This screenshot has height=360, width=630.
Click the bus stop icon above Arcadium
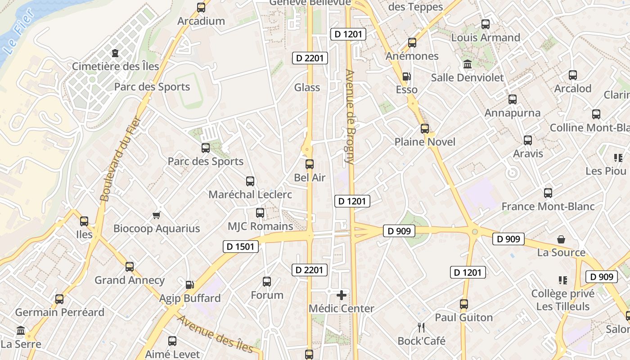tap(201, 8)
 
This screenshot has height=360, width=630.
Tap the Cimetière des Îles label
tap(116, 67)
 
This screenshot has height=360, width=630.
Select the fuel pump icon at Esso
tap(406, 76)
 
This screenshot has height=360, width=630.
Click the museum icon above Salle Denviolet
tap(468, 64)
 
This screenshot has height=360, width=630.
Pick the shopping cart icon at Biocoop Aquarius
tap(156, 215)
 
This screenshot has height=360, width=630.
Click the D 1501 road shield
tap(241, 247)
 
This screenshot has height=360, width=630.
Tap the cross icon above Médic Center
tap(342, 295)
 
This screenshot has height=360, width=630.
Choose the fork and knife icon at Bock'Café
tap(422, 327)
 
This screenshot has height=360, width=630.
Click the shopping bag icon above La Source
tap(561, 239)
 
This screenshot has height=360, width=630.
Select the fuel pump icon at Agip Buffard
tap(190, 284)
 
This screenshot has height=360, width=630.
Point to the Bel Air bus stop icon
tap(310, 164)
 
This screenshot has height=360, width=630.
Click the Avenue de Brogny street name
tap(350, 116)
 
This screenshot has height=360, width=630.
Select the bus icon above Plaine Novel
tap(425, 129)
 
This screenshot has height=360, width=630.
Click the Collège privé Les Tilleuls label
tap(562, 300)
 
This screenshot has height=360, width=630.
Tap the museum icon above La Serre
tap(21, 331)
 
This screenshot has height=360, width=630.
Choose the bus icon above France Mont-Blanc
tap(548, 193)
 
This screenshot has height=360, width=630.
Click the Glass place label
tap(307, 87)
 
